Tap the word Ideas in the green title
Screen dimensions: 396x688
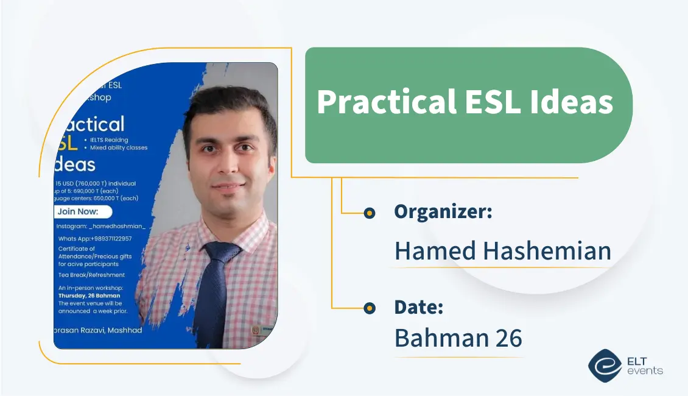(578, 102)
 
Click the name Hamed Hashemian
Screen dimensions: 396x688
(502, 251)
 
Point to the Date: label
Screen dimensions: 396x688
(418, 307)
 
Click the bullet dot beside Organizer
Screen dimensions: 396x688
(369, 213)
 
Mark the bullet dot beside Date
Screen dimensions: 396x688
(369, 308)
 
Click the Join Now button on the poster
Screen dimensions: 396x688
(83, 212)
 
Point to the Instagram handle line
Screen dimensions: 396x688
(101, 226)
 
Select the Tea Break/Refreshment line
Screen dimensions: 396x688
(91, 275)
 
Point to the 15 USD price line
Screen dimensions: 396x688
(96, 183)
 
